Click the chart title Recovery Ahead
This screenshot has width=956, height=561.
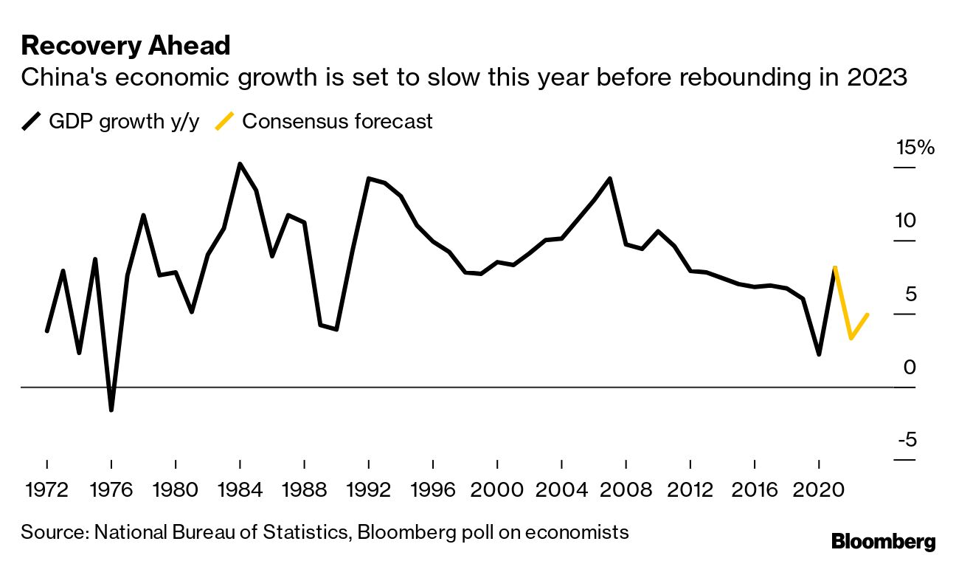pos(125,46)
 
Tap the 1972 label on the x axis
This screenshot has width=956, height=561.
pos(46,489)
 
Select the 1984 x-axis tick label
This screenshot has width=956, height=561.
pos(240,489)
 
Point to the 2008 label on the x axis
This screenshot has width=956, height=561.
pos(626,489)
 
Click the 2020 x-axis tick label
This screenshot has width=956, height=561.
pos(819,489)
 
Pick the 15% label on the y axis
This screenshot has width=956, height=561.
pos(915,148)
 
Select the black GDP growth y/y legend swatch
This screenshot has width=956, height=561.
pos(32,121)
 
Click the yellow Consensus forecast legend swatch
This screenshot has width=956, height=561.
pos(225,121)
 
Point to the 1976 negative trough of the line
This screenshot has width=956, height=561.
pos(111,410)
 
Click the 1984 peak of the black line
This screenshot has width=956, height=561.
pos(240,164)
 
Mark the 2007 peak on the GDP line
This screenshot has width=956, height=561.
pos(610,179)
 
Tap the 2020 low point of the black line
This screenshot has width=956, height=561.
pos(819,354)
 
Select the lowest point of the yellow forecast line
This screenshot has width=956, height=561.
pos(851,338)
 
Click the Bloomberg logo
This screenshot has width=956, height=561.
pos(883,542)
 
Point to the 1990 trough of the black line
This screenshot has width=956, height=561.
pos(336,329)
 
